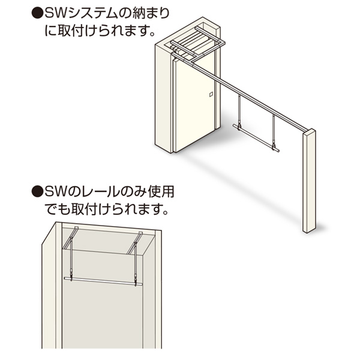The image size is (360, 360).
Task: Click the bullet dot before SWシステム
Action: (37, 14)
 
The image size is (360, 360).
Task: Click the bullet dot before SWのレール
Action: (37, 191)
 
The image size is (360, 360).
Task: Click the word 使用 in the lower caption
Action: (160, 191)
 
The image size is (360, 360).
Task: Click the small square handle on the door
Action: (211, 94)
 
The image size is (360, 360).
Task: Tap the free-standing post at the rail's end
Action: (309, 181)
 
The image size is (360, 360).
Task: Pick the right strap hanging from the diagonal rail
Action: (274, 131)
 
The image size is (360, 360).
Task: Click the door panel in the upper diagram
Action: (195, 104)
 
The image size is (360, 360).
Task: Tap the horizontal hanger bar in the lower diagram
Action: (103, 281)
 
